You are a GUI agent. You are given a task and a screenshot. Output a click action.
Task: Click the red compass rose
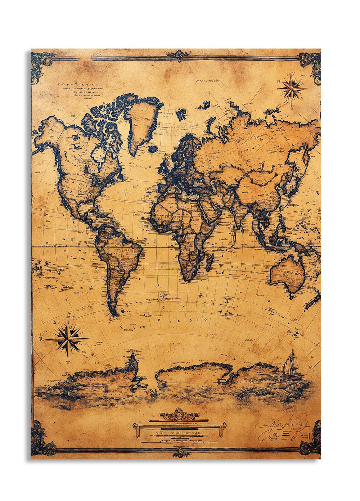coord(291,88)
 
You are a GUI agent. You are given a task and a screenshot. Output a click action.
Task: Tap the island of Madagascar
coord(209,262)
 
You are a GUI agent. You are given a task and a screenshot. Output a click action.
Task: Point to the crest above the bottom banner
coord(179,415)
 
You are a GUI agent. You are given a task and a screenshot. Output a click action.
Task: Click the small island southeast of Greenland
coord(153,149)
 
